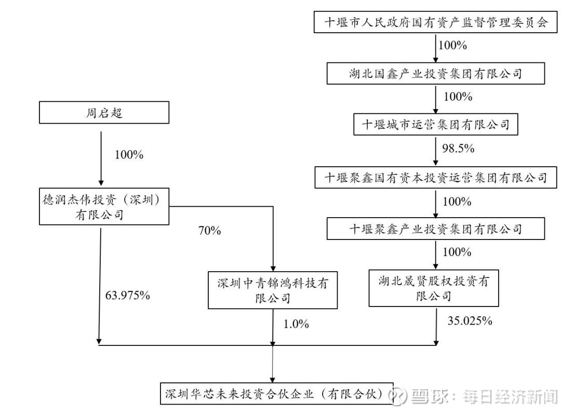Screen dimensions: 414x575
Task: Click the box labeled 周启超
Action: point(104,112)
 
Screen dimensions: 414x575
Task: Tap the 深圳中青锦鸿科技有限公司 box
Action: point(273,290)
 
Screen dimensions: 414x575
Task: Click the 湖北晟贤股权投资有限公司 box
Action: point(433,288)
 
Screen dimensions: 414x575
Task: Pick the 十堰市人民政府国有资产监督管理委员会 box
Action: point(436,23)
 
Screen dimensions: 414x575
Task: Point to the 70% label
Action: point(209,231)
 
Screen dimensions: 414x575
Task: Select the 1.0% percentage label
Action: point(296,324)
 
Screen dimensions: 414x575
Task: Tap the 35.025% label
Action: point(470,320)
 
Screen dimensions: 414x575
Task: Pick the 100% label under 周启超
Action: point(128,155)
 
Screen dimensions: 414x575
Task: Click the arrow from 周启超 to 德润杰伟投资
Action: point(100,156)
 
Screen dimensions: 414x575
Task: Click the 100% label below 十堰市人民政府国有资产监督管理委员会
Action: point(452,45)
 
